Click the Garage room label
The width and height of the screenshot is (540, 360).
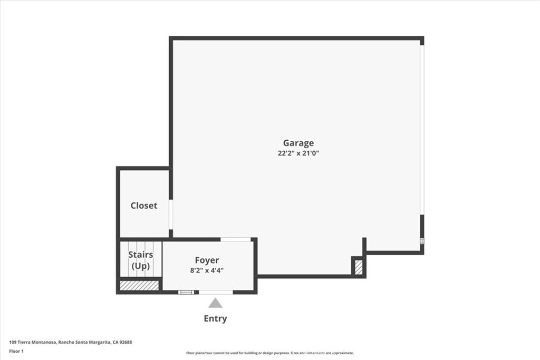click(298, 143)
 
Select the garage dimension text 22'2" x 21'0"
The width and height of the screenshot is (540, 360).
click(298, 153)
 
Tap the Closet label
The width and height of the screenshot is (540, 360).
click(143, 206)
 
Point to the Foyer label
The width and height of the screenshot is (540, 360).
click(207, 260)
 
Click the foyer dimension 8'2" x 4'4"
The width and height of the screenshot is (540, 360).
click(207, 270)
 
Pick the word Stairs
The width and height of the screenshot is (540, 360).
click(140, 255)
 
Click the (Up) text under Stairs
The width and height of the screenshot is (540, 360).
click(140, 266)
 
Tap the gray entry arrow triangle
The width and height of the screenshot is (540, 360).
click(215, 303)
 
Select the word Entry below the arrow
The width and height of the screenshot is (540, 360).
click(215, 318)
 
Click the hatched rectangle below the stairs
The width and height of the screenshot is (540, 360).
click(139, 285)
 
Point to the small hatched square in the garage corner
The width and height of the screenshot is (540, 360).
click(359, 267)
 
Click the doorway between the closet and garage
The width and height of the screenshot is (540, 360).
click(171, 215)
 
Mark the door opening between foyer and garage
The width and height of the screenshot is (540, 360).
click(236, 239)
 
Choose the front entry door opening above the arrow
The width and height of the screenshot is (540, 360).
click(216, 292)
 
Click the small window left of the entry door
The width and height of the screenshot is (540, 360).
click(186, 292)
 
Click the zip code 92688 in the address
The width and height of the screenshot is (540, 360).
click(125, 342)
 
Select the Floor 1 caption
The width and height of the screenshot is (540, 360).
click(16, 351)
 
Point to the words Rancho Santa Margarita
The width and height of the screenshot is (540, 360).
click(84, 342)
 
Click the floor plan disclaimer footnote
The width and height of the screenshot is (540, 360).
click(269, 353)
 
